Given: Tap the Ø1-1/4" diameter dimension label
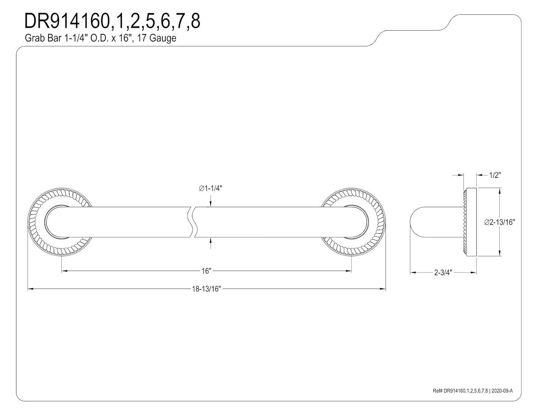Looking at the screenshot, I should (211, 188).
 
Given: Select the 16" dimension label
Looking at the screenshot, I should (206, 271).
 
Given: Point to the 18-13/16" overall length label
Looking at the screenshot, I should (206, 289).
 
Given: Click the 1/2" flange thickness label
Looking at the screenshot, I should (495, 175).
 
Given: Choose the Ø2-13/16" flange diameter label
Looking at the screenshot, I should (500, 222).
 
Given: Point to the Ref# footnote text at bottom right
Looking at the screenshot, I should (473, 391).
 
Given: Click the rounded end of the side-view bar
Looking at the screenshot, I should (415, 222).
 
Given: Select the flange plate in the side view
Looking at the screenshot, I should (470, 222).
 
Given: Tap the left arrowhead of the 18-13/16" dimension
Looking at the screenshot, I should (30, 289).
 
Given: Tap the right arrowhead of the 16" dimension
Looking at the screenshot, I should (349, 271).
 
